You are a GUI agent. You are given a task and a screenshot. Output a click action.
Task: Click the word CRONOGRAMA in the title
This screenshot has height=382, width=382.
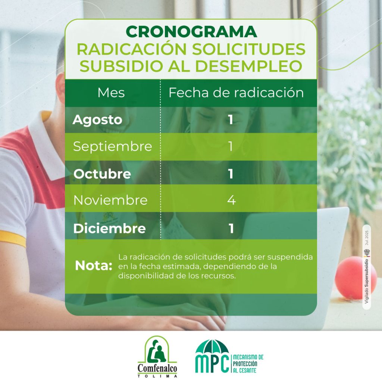coord(191,32)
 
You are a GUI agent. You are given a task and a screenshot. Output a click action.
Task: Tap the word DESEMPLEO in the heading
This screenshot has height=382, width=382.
coord(249,66)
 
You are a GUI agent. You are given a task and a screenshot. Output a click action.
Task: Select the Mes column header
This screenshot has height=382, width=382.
coord(111,93)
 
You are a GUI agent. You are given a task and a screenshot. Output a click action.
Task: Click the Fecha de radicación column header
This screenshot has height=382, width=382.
coord(236,93)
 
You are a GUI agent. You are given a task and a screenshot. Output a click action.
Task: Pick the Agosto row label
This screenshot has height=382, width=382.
coord(97,120)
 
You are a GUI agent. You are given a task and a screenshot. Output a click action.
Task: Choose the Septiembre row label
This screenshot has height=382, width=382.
coord(113,147)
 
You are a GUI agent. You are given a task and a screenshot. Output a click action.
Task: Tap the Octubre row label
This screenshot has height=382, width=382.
coord(102,174)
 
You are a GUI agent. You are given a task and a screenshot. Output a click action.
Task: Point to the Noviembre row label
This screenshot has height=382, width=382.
coord(110,200)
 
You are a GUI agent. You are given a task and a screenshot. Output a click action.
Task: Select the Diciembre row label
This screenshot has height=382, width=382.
coord(109,229)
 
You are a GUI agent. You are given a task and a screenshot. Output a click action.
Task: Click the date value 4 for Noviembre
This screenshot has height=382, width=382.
coord(231,200)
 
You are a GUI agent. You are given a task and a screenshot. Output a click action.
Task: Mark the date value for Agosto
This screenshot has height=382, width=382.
coord(231,120)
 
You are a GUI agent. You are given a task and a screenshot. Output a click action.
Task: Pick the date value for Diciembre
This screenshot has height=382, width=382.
coord(231,229)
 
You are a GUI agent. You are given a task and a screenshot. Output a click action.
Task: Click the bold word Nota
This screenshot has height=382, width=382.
coord(94,266)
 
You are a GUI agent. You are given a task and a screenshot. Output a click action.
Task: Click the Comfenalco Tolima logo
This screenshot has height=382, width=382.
coord(157,356)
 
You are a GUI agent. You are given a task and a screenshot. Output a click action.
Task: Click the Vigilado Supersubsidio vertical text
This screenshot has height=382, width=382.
coord(366,281)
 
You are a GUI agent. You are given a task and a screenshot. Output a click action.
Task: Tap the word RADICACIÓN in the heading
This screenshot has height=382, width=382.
coord(132,49)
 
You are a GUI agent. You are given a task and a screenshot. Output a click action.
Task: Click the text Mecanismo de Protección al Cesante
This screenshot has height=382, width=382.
coord(248,364)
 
